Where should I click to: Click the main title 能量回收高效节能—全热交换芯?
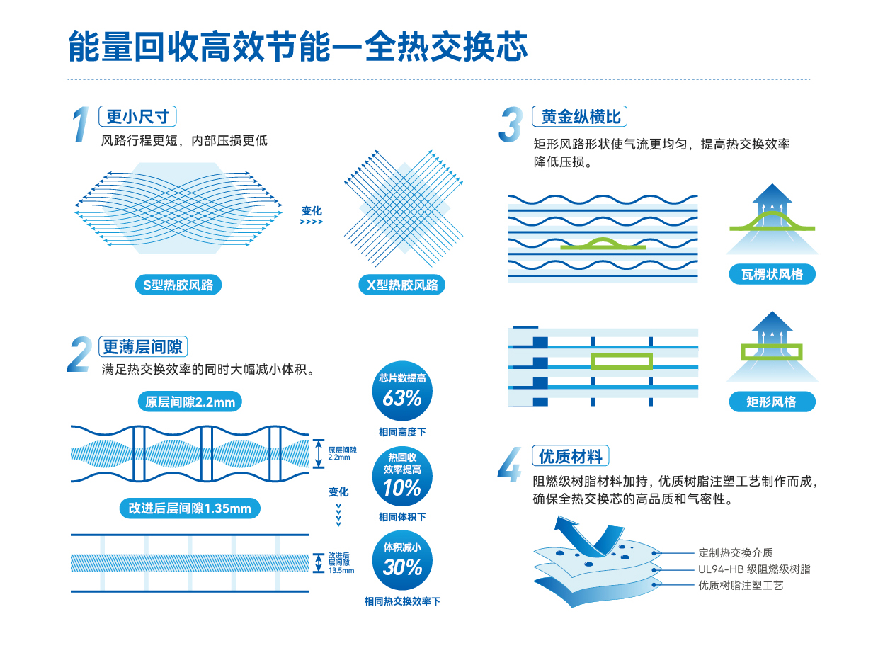click(x=298, y=46)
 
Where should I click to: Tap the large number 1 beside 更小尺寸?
click(x=82, y=125)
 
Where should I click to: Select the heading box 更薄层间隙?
click(x=142, y=346)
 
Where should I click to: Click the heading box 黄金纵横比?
click(x=580, y=117)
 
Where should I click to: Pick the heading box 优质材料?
click(x=570, y=456)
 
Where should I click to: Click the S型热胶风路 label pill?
click(x=178, y=285)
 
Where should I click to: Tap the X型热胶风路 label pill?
click(x=402, y=285)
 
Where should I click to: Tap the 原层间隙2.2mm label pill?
click(x=189, y=402)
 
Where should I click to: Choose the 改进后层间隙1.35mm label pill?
click(x=189, y=508)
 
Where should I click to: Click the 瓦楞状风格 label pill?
click(x=772, y=274)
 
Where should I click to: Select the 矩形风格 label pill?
click(x=772, y=402)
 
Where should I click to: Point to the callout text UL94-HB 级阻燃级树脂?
click(x=754, y=569)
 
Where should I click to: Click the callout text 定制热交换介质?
click(x=735, y=552)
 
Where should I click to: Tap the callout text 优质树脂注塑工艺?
click(x=741, y=585)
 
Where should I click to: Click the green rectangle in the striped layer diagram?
click(x=622, y=361)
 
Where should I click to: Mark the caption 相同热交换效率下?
click(x=401, y=601)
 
